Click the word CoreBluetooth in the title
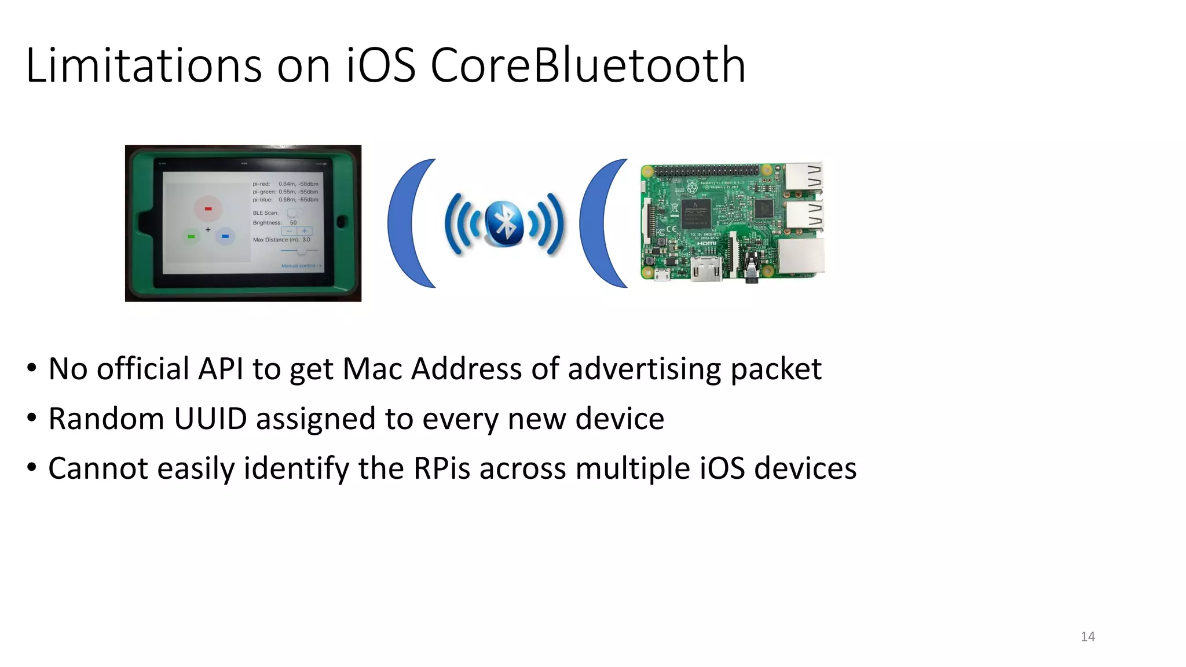point(587,65)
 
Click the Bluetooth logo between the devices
point(504,223)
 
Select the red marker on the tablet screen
point(208,208)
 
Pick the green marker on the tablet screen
point(191,236)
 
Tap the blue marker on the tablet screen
point(225,236)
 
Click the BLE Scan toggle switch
point(294,213)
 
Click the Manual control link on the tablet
point(300,266)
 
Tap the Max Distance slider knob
point(302,251)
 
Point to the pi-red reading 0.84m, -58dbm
point(298,184)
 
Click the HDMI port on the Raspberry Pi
point(707,270)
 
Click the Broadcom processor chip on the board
point(696,212)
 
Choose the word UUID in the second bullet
point(210,419)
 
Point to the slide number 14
point(1088,637)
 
